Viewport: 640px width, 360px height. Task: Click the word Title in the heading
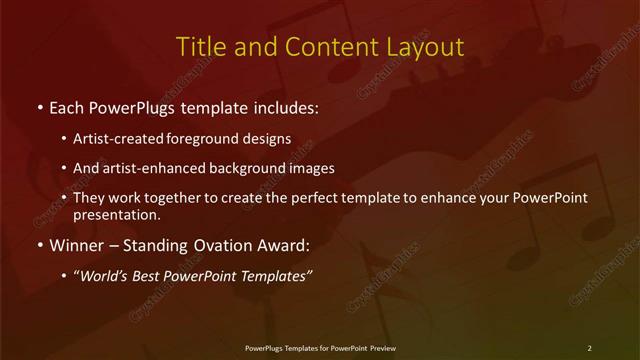coord(197,47)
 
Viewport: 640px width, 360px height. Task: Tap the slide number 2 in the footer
coord(589,348)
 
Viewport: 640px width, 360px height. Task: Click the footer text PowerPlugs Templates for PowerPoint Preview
coord(320,348)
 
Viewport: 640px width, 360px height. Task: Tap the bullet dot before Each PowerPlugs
coord(39,106)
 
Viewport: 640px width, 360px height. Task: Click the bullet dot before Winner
coord(39,245)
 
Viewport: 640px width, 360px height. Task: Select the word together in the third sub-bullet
coord(191,198)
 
